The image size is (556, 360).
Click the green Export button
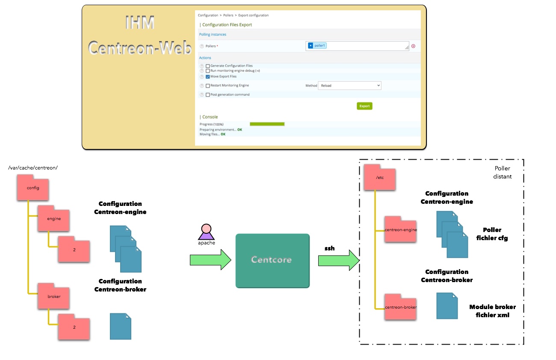pos(364,106)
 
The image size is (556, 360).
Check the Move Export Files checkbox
pos(208,77)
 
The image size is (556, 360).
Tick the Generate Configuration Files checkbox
pos(208,66)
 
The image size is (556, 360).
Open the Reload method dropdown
pos(349,86)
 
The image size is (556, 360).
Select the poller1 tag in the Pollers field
pos(317,46)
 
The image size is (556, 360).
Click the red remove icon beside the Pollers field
pos(413,46)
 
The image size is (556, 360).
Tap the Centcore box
pos(272,260)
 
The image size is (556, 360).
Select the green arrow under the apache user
pos(210,260)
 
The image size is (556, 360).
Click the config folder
pos(33,188)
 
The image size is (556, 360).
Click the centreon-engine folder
pos(401,230)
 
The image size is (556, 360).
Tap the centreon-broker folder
pos(401,307)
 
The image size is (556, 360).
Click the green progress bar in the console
pos(267,124)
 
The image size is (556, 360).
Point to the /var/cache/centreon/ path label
pos(33,167)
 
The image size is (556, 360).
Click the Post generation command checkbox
pos(208,95)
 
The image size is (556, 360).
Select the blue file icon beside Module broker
pos(447,306)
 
